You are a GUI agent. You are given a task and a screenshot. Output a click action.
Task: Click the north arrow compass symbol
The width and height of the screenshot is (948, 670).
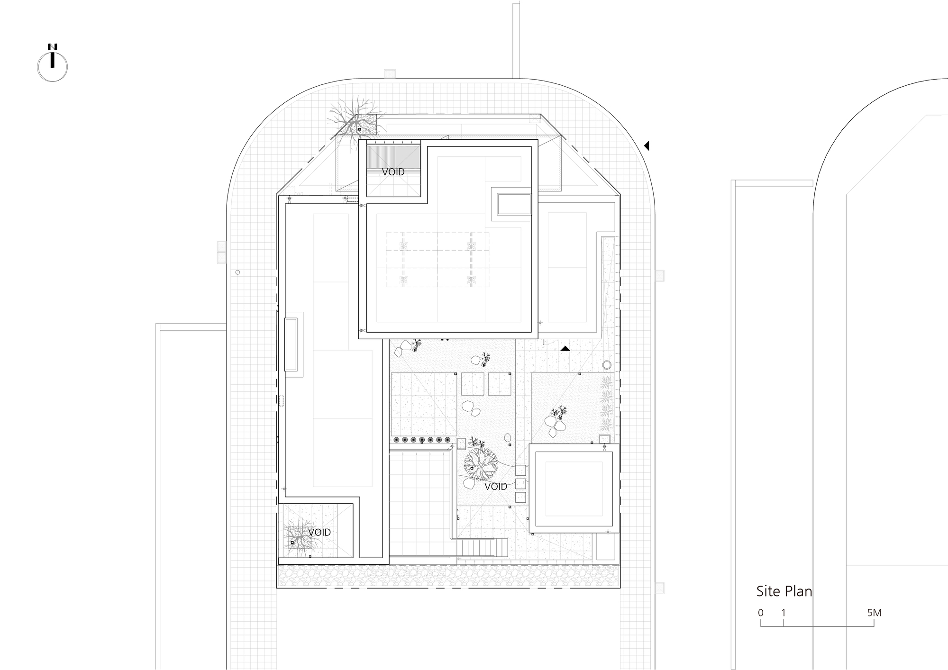tap(52, 66)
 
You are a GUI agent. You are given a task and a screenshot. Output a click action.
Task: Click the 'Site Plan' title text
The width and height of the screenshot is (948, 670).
tap(784, 591)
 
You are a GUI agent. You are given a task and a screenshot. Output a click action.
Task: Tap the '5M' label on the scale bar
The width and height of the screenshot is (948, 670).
tap(874, 613)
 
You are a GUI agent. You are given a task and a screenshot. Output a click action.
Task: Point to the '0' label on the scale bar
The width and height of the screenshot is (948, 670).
tap(761, 613)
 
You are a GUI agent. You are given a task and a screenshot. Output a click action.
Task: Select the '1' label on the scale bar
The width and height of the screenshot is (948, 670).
tap(784, 613)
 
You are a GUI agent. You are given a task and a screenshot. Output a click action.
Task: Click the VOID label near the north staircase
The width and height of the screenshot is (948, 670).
tap(393, 172)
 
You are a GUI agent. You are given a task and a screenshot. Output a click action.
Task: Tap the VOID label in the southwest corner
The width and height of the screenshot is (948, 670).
tap(319, 532)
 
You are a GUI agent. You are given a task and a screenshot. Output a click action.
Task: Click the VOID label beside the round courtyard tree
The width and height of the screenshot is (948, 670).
tap(496, 486)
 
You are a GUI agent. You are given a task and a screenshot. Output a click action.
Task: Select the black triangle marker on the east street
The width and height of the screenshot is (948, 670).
tap(647, 146)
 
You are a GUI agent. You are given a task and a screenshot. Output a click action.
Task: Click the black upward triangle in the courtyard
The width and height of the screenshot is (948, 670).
tap(565, 349)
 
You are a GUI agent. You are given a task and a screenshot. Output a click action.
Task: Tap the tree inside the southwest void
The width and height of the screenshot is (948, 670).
tap(297, 538)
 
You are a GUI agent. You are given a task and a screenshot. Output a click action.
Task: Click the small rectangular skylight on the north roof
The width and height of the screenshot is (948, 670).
tap(514, 204)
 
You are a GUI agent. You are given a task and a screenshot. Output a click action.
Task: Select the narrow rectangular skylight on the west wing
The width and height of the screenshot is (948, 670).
tap(291, 344)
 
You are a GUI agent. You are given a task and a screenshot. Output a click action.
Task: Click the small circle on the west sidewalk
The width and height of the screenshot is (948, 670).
tap(237, 272)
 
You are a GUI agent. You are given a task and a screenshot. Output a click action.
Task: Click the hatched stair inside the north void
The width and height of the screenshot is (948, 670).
tap(393, 156)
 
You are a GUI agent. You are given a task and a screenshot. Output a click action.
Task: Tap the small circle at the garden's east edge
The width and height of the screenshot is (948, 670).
tap(607, 365)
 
